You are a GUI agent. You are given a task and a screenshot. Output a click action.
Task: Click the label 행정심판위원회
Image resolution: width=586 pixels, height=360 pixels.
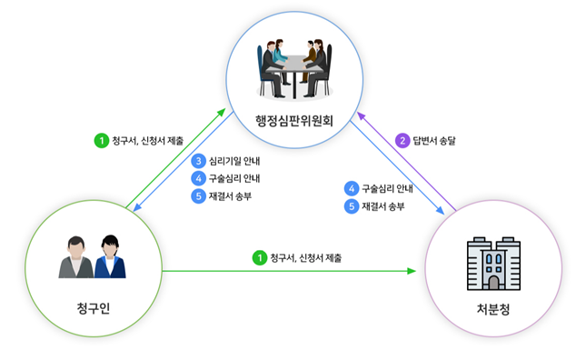(294, 121)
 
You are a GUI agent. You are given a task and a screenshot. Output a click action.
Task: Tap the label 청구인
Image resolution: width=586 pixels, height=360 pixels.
(94, 308)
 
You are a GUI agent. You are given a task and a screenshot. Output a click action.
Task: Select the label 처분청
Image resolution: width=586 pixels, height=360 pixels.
(493, 309)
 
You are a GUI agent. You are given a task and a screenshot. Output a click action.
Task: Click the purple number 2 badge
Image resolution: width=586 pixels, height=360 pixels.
(402, 141)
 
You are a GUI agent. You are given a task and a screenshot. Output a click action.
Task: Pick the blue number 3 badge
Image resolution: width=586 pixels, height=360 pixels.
(198, 161)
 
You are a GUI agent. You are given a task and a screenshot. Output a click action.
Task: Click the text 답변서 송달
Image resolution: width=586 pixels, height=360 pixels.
(434, 141)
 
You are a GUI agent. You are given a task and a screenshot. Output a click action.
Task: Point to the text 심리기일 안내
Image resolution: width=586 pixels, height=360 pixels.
(234, 161)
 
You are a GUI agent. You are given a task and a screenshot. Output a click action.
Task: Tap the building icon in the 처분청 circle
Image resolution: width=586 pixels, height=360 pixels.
(493, 264)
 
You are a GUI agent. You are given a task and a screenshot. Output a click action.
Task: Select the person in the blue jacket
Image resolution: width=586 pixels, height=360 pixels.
(110, 257)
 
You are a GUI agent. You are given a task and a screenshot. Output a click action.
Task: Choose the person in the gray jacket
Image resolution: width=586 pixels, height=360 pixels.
(76, 257)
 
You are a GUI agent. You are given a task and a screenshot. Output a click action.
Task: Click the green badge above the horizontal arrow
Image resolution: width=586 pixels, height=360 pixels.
(259, 258)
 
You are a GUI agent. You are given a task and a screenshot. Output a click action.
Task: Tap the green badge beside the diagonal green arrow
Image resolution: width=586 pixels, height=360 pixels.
(101, 141)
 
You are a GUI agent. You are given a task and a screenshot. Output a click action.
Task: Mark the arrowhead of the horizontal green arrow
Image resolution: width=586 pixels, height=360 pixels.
(412, 271)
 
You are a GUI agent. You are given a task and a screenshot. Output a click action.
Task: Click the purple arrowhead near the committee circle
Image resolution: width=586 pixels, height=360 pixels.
(361, 115)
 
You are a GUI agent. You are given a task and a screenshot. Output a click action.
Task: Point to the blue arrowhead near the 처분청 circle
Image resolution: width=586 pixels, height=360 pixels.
(440, 210)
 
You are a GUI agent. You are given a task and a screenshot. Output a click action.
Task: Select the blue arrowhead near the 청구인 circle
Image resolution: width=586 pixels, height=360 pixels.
(137, 206)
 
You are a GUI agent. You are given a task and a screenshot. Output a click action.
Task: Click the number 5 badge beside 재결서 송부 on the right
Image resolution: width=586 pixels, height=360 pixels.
(352, 206)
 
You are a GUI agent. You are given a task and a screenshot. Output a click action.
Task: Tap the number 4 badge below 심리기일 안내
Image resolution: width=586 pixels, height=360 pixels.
(198, 178)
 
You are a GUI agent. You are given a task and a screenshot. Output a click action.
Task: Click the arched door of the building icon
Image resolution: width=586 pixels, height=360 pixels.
(493, 283)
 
